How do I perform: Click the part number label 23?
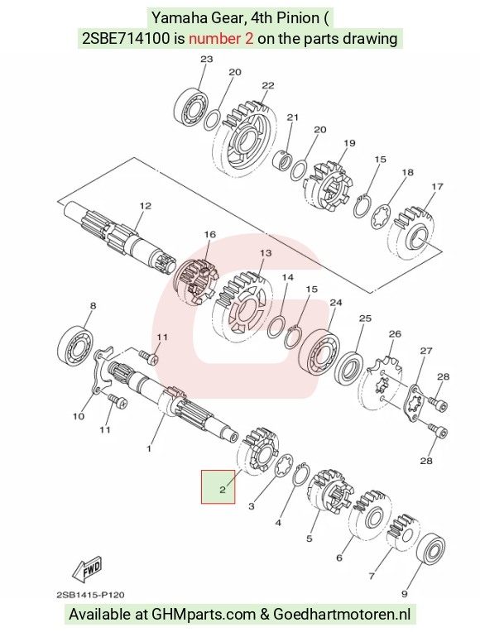coord(207,60)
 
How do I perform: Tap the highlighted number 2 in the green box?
coord(223,490)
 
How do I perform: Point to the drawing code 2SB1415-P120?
coord(91,595)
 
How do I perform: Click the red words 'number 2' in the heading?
coord(221,39)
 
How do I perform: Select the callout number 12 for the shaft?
coord(145,206)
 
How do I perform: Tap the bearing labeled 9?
coord(430,549)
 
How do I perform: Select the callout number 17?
coord(437,187)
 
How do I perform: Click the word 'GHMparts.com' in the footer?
coord(204,615)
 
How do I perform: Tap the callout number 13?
coord(266,253)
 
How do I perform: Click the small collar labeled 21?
coord(282,160)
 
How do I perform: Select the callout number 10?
coord(79,416)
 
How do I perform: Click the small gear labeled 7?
coord(403,532)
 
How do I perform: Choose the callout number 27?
coord(426,351)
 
